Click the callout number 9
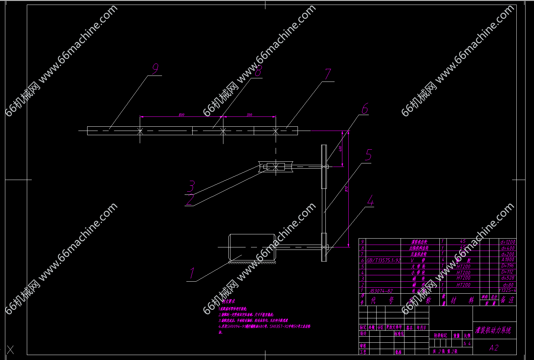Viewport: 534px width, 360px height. click(x=155, y=69)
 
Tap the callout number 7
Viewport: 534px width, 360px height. click(x=328, y=74)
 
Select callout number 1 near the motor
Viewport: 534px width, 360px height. click(x=192, y=273)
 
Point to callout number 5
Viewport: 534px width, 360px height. click(x=368, y=155)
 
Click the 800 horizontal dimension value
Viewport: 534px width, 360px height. click(x=181, y=115)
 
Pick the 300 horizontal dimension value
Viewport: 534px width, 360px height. click(x=249, y=115)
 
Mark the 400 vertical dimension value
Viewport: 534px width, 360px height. click(x=341, y=149)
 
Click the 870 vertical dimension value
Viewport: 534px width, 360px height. click(x=347, y=189)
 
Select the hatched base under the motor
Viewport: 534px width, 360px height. click(x=252, y=262)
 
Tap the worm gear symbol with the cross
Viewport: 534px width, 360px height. click(x=276, y=167)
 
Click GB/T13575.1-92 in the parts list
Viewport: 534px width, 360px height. click(x=384, y=260)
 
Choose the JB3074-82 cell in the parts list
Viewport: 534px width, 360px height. click(x=381, y=291)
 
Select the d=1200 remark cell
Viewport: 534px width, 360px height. click(x=508, y=242)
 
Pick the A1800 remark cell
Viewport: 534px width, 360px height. click(x=508, y=260)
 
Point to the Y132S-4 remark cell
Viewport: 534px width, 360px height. click(x=508, y=290)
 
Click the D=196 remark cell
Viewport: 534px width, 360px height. click(x=508, y=266)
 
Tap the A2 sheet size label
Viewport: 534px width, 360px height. click(x=494, y=348)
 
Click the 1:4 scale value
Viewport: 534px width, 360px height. click(x=467, y=343)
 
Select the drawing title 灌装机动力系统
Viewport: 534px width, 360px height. click(x=493, y=331)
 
